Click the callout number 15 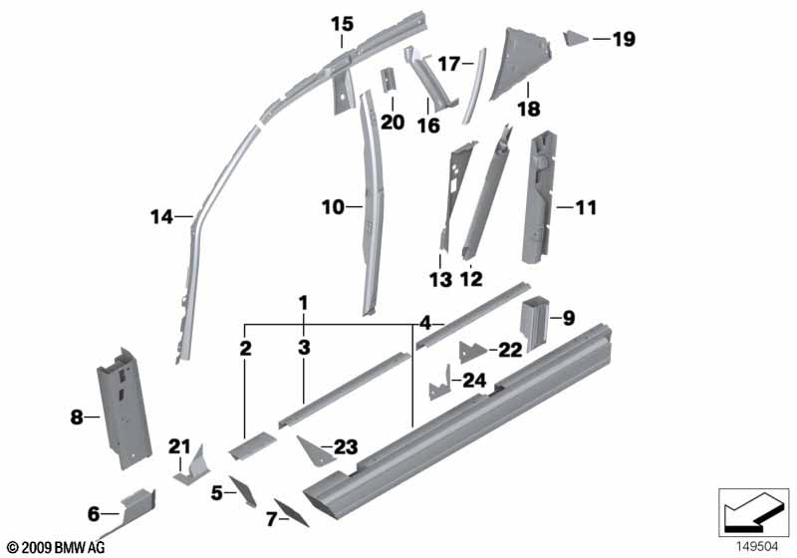coord(342,24)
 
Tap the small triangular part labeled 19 coord(575,38)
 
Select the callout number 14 coord(161,217)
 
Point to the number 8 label coord(77,418)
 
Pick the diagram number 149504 coord(758,547)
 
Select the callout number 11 coord(585,207)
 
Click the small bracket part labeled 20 coord(388,80)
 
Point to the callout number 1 coord(303,303)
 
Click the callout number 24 coord(474,381)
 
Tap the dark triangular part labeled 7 coord(291,512)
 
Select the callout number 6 coord(94,514)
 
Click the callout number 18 coord(528,109)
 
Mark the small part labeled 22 coord(472,351)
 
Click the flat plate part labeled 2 coord(253,444)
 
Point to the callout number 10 coord(333,207)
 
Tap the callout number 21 coord(179,446)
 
